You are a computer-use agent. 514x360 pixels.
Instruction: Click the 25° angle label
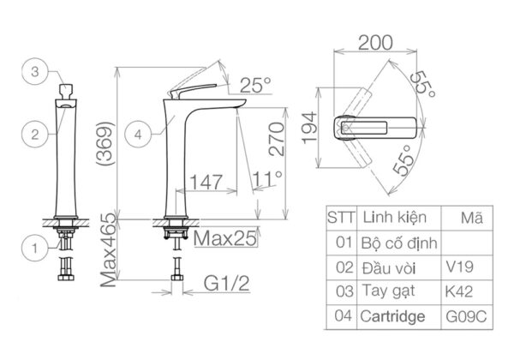point(254,85)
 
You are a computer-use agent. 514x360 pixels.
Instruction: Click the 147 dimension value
point(208,182)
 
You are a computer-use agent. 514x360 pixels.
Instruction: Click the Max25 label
point(226,238)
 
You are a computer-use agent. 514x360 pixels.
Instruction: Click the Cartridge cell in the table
point(394,317)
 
